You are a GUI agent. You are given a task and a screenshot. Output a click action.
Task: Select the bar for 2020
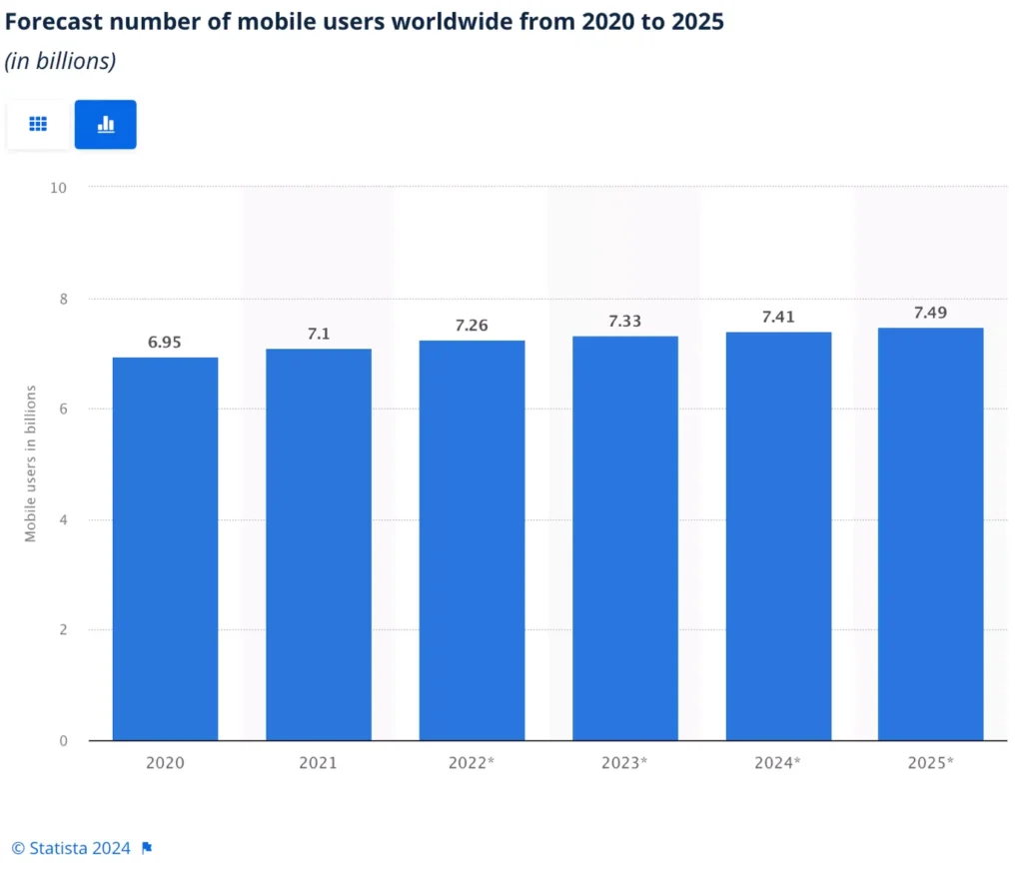coord(165,548)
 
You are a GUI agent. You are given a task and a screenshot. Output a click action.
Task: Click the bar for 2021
coord(319,544)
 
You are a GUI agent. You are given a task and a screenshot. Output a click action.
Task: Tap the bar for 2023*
coord(624,538)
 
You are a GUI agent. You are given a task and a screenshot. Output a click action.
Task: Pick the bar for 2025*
coord(930,533)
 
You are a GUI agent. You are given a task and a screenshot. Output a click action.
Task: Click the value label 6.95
coord(165,342)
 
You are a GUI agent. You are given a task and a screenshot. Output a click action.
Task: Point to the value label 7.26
coord(472,326)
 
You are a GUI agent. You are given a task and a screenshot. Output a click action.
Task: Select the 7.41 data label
coord(778,317)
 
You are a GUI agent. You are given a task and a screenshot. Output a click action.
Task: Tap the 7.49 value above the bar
coord(930,313)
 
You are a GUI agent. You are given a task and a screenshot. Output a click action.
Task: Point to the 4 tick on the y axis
coord(63,519)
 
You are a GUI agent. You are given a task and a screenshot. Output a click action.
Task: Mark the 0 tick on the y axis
coord(63,740)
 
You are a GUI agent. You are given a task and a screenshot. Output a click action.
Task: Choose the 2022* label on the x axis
coord(472,763)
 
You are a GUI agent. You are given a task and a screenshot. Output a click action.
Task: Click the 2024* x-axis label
coord(778,763)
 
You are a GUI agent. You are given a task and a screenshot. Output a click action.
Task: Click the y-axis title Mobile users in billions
coord(31,462)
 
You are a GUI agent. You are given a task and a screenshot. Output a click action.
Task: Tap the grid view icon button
coord(38,125)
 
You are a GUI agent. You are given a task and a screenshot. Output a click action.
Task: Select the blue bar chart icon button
coord(105,125)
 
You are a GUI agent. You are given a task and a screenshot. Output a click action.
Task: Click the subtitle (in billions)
coord(61,61)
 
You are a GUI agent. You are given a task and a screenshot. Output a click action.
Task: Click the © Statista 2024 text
coord(71,848)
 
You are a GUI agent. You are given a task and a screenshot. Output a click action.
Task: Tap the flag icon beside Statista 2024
coord(147,848)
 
